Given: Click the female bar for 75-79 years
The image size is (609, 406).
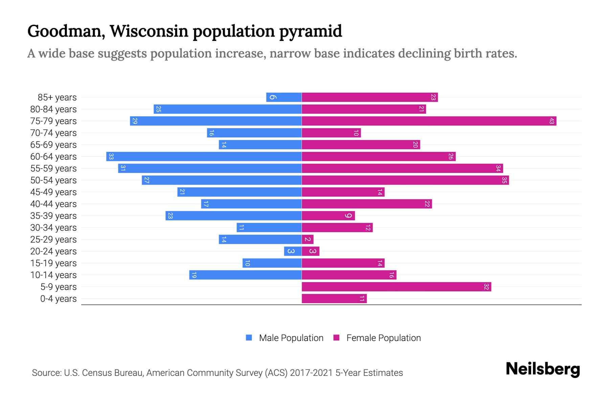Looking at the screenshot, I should pos(429,121).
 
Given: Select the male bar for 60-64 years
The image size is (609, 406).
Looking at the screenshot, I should pos(204,157).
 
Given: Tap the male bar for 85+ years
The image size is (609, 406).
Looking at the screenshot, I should pos(284,97).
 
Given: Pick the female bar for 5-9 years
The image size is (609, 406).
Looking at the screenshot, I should pos(396,287).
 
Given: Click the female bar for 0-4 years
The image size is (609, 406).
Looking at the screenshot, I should pos(334,299).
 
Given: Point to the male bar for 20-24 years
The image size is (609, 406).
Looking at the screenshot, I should pos(293,251).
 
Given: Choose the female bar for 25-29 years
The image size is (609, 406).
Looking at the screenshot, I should pos(308,240).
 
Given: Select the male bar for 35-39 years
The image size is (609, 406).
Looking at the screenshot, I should pos(233,216).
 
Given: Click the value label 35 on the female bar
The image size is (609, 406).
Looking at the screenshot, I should pos(504,180).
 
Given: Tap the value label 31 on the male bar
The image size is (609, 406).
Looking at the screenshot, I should pos(123,168).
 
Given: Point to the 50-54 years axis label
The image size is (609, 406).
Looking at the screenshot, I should pos(53,180).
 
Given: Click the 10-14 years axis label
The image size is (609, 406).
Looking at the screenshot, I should pos(53,275).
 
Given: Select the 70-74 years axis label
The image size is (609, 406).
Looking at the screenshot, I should pos(53,133).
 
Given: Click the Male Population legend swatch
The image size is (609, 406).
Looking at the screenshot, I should pos(249,338).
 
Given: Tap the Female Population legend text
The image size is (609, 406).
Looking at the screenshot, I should pos(383,338).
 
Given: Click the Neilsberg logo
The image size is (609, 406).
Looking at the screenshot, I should pos(543,369).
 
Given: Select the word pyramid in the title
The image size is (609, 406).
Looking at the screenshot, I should pos(310,31).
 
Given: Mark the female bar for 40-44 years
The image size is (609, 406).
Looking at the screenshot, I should pos(367,204).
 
